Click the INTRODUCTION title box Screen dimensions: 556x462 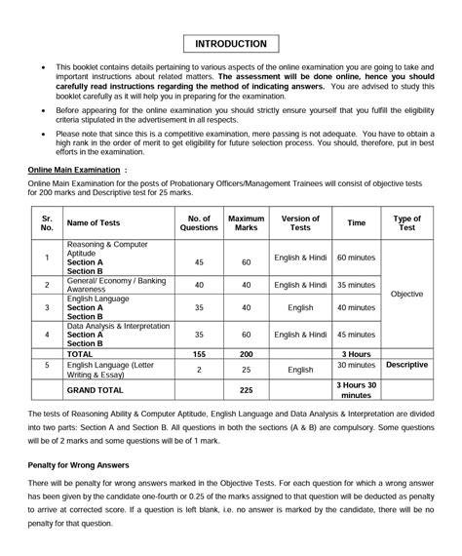[x=230, y=44]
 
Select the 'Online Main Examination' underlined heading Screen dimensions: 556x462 [x=74, y=170]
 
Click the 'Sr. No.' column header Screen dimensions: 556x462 [x=46, y=222]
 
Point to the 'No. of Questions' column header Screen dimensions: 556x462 [x=199, y=222]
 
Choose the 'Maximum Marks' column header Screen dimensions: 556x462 [x=246, y=222]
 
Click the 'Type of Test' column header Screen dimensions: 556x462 [x=406, y=222]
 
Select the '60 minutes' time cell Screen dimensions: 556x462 [x=356, y=260]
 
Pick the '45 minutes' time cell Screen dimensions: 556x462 [x=356, y=334]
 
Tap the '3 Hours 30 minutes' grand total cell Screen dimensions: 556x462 [x=356, y=390]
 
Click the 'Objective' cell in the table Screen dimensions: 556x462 [x=406, y=293]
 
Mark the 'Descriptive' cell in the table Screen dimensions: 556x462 [x=406, y=365]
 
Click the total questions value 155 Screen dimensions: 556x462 [x=199, y=354]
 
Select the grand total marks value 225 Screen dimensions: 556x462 [x=246, y=390]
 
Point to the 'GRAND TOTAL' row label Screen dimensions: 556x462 [x=95, y=390]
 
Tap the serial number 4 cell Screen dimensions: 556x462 [x=46, y=335]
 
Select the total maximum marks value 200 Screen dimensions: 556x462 [x=246, y=354]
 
